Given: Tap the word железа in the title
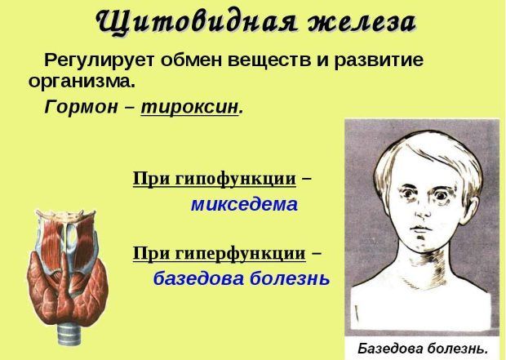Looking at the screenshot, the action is pos(361,23).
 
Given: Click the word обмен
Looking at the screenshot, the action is pos(190,60).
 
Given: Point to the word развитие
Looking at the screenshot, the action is pos(378,60).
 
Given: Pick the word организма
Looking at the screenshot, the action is pos(82,82).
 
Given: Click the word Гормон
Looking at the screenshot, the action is pos(82,107).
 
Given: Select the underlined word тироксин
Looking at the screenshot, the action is pos(189,107).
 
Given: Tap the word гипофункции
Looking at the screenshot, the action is pos(235,179).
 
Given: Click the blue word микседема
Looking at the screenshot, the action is pos(244,205).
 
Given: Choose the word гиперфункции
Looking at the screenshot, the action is pos(241,253).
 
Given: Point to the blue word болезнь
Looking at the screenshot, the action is pos(290,278).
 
